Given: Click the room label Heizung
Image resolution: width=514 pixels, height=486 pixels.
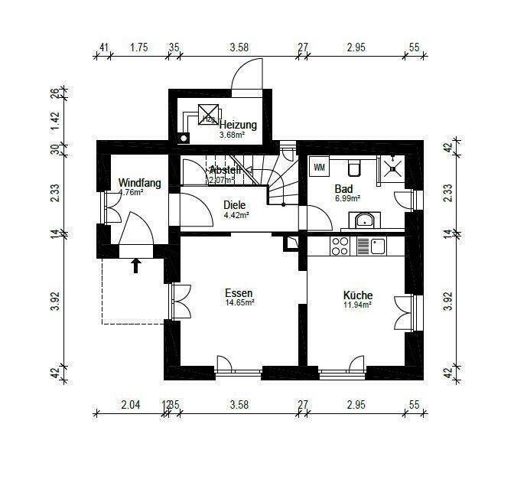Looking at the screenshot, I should [238, 124].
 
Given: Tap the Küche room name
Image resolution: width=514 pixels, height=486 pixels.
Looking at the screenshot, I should [357, 295].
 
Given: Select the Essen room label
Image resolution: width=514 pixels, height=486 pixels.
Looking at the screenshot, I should [239, 293].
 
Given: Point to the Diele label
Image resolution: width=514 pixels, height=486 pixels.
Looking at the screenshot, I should [236, 205].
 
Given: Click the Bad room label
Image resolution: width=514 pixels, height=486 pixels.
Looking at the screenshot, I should [343, 188].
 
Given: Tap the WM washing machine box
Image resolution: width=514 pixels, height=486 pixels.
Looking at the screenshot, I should [319, 166].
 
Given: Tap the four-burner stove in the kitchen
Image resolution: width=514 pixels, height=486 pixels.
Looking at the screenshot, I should [340, 246].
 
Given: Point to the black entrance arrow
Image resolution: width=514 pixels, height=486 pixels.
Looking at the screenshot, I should [136, 265].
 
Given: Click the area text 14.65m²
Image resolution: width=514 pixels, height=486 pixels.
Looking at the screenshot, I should [239, 303].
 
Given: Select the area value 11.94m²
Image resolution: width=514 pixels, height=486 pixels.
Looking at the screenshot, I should [357, 305].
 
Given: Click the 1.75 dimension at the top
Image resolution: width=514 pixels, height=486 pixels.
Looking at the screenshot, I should [138, 47].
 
